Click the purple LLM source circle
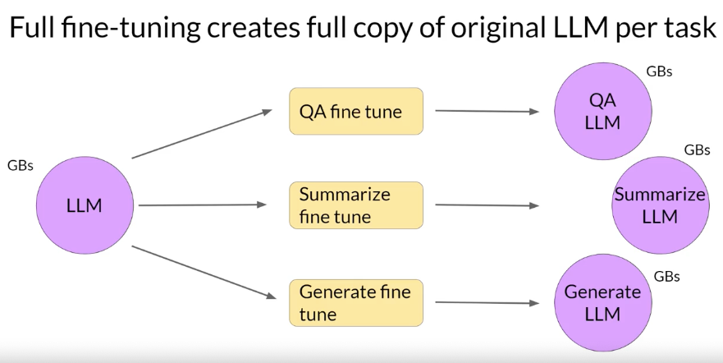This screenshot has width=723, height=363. [x=84, y=205]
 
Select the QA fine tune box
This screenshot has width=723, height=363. [x=355, y=112]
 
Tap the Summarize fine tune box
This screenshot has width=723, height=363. [x=355, y=205]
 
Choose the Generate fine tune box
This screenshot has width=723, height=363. [x=355, y=302]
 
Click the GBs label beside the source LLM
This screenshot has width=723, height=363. [x=20, y=165]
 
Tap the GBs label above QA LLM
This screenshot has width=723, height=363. [x=659, y=71]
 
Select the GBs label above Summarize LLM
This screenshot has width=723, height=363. [x=697, y=150]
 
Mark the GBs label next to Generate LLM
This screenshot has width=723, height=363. [x=666, y=276]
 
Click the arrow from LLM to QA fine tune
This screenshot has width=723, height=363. [x=201, y=134]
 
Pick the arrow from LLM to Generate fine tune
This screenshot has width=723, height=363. [x=201, y=271]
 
